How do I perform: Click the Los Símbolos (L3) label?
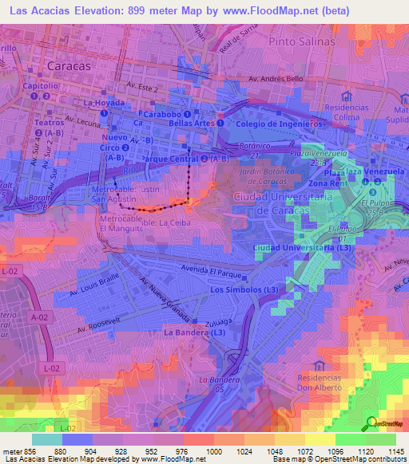[243, 289]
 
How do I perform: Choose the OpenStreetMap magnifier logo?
[370, 424]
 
